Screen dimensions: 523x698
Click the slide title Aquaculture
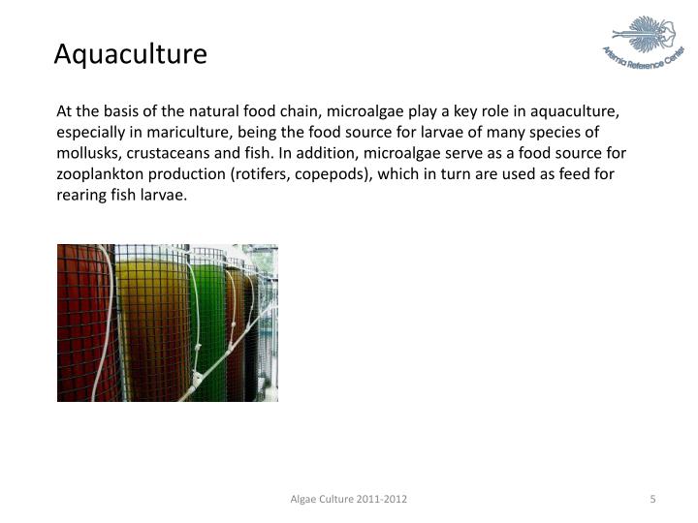[130, 53]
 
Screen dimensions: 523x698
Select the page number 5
[653, 499]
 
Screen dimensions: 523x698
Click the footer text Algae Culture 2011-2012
[349, 499]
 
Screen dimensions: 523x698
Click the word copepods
[366, 174]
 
